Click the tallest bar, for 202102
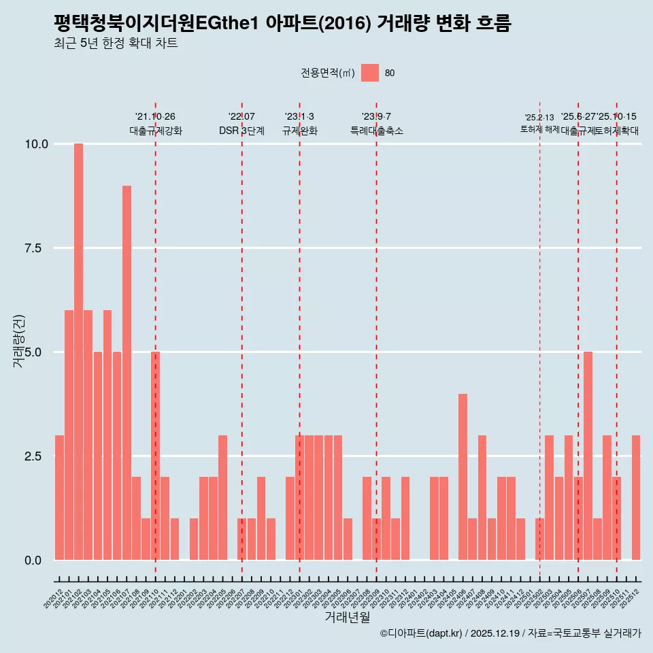coord(78,352)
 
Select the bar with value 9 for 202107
coord(127,373)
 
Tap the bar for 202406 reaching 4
coord(463,477)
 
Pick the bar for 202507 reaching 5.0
coord(588,456)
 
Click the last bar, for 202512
coord(636,497)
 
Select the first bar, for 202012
coord(59,497)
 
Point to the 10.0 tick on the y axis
coord(36,144)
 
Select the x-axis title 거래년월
coord(347,617)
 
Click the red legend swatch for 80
coord(369,73)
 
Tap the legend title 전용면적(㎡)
coord(328,73)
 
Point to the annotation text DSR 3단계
coord(241,131)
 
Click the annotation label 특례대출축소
coord(376,131)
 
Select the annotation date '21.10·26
coord(155,117)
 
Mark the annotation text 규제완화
coord(299,131)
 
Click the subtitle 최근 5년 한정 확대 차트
coord(116,44)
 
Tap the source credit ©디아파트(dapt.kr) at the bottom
coord(421,633)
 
